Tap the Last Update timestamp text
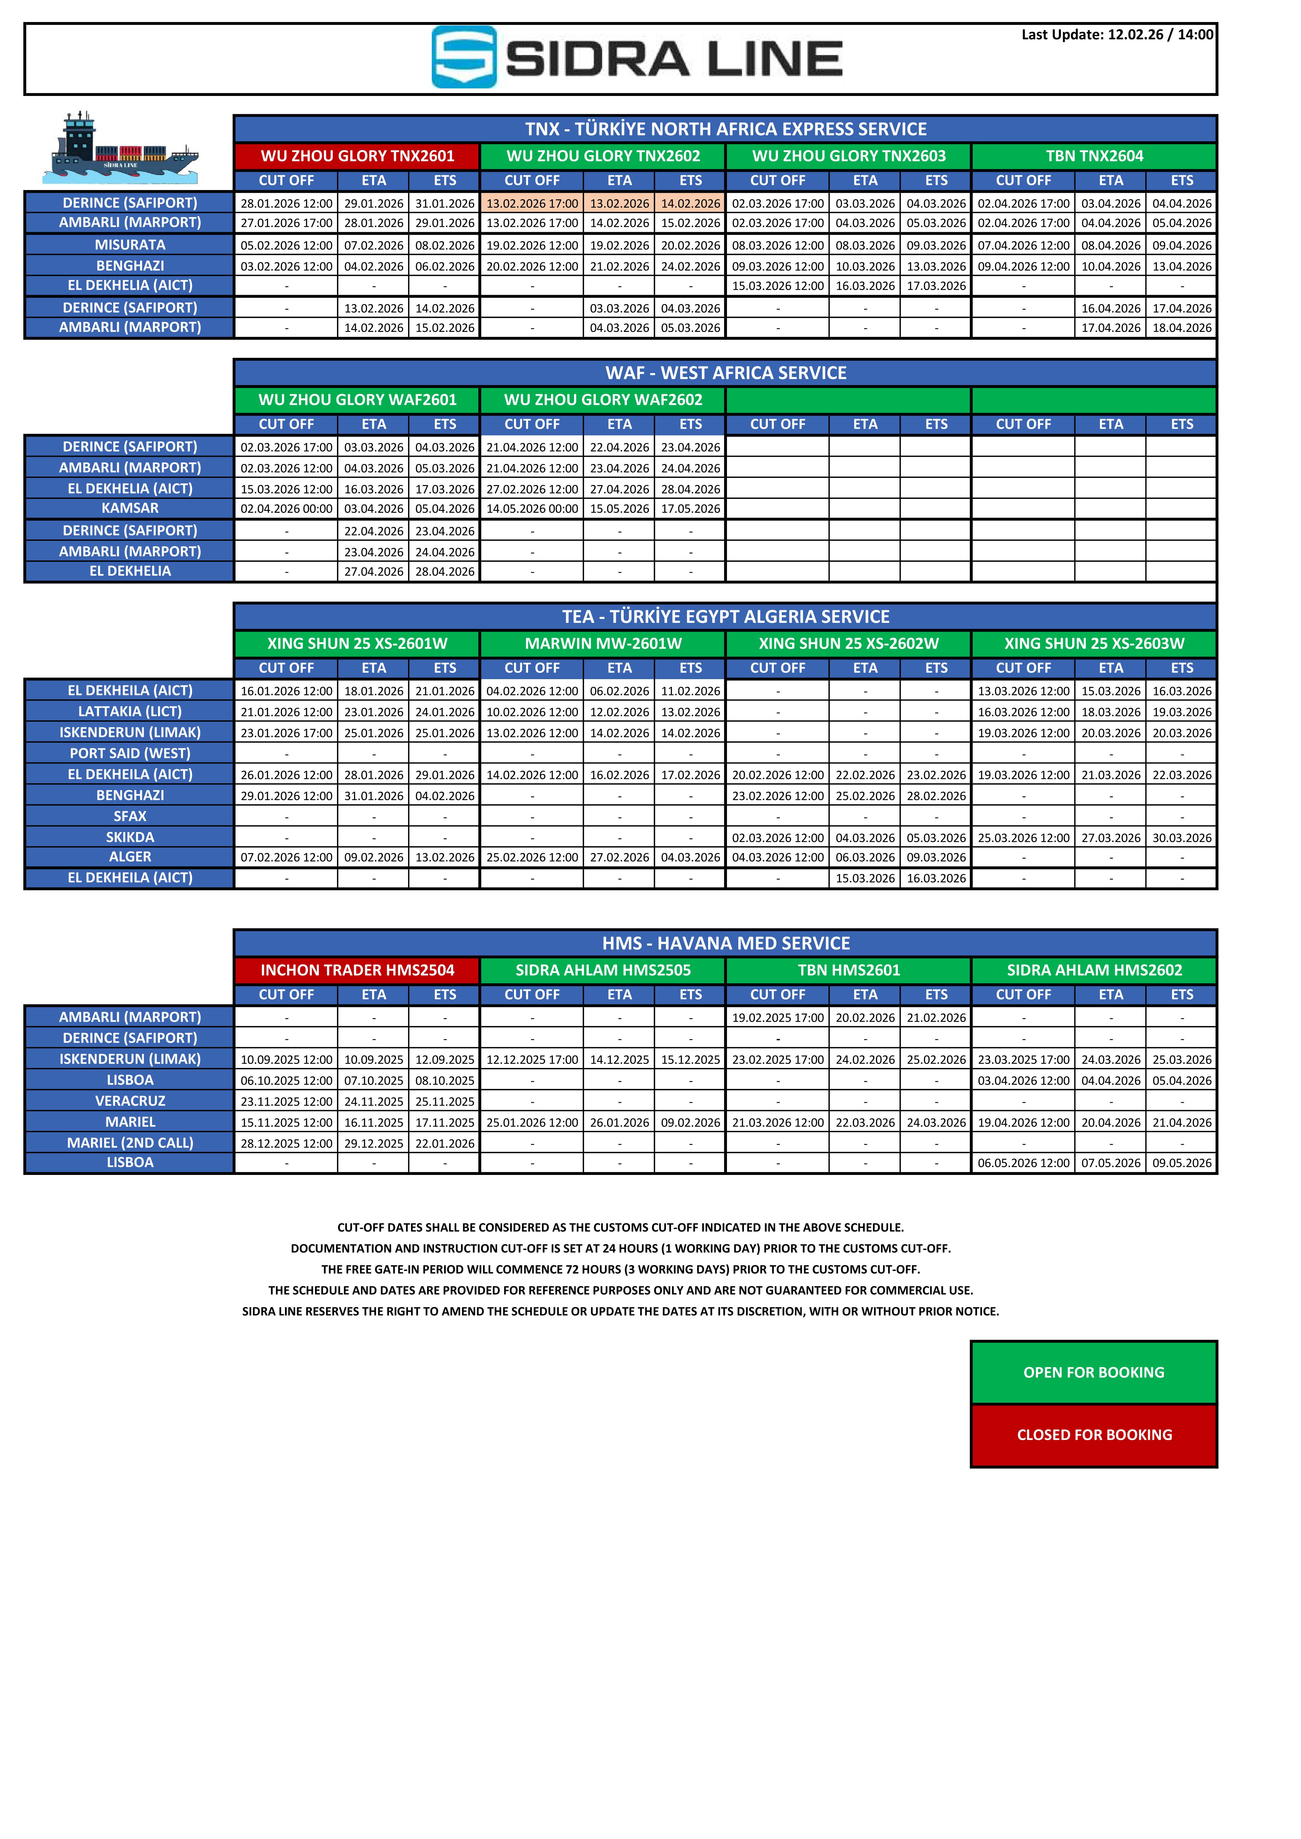point(1117,34)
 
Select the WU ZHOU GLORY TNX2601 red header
point(357,156)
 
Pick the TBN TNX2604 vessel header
point(1094,156)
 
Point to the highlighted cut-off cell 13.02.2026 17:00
point(532,204)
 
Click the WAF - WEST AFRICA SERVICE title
point(725,373)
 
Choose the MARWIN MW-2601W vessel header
point(603,644)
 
